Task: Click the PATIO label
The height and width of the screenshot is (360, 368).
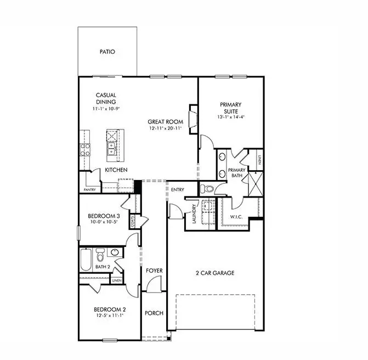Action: [107, 52]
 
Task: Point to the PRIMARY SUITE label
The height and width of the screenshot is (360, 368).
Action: [231, 108]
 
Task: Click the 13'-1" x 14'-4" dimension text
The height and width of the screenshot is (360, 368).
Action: [231, 117]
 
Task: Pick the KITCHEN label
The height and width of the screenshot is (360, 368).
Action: [116, 170]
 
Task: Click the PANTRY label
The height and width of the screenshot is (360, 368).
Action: [89, 189]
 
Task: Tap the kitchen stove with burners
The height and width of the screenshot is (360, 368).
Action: [86, 150]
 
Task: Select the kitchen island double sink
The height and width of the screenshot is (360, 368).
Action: [112, 148]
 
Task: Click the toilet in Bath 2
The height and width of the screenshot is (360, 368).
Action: [100, 256]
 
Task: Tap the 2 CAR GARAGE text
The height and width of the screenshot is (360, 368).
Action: [214, 272]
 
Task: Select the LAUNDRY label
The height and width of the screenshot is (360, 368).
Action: [194, 212]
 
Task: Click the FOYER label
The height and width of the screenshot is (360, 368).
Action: [154, 271]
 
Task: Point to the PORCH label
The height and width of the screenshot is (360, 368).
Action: [154, 313]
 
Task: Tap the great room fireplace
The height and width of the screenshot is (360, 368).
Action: [192, 117]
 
